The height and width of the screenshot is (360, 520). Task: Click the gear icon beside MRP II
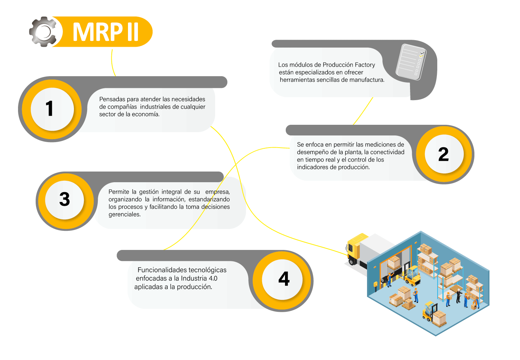coord(43,32)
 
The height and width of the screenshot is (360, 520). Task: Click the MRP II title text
coord(106,32)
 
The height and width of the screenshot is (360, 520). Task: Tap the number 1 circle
coord(52,109)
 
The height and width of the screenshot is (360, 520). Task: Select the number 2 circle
coord(444,154)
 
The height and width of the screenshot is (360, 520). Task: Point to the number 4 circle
coord(283,280)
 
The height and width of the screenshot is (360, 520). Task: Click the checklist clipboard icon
coord(411,61)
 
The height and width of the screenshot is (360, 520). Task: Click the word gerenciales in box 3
coord(124,215)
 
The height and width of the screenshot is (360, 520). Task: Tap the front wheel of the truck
coord(352,262)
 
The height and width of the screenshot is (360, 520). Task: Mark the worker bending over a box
coord(475,304)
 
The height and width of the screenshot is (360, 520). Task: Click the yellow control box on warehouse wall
coord(375,284)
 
